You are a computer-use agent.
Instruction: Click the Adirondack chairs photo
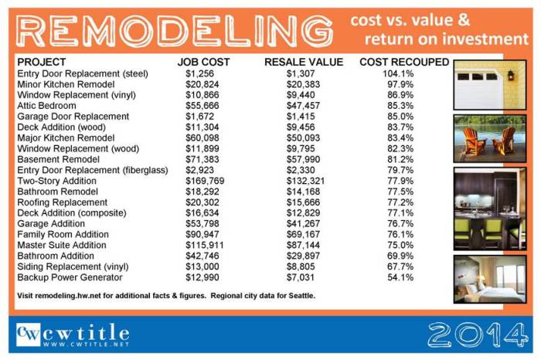click(x=486, y=138)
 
